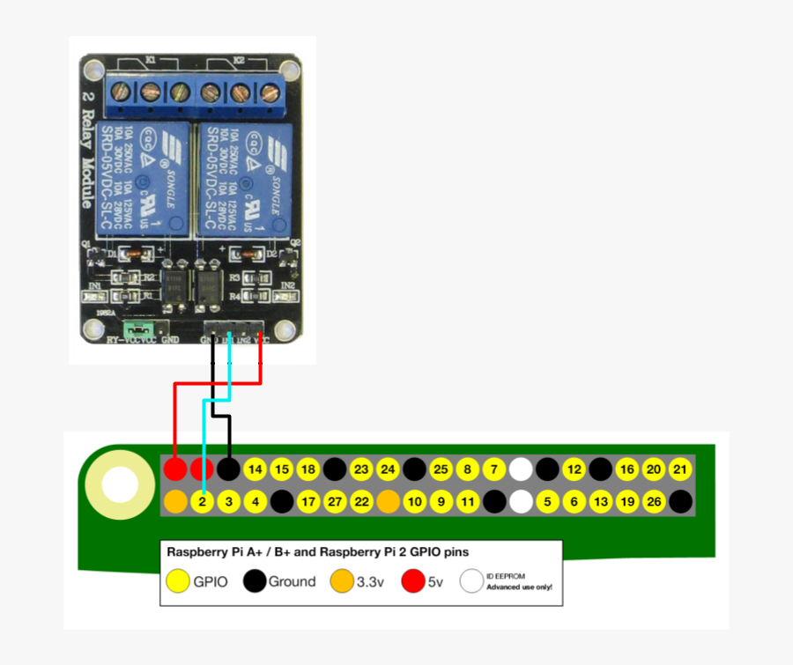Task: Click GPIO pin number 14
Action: (x=256, y=469)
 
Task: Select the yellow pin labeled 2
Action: (x=202, y=502)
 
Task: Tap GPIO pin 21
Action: (x=679, y=469)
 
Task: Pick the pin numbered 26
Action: (x=653, y=502)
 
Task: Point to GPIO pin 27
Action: (x=335, y=502)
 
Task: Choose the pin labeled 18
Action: (x=308, y=469)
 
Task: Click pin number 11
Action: (x=468, y=502)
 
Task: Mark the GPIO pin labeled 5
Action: (x=547, y=502)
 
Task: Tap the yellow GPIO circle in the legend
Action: (x=179, y=581)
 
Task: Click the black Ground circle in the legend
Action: (x=255, y=581)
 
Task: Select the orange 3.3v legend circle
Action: (x=342, y=581)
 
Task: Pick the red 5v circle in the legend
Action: (x=412, y=581)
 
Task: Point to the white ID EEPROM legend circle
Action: (x=471, y=581)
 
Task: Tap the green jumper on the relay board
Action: (x=137, y=331)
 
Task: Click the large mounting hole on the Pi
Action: (x=120, y=484)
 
